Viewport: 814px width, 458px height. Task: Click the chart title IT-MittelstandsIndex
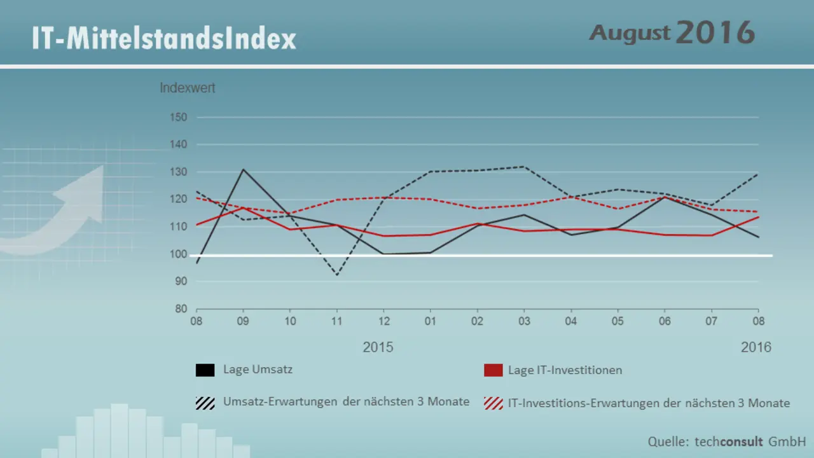164,39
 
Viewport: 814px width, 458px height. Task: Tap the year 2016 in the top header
715,32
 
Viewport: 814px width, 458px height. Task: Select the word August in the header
630,32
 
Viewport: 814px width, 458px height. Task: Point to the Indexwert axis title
188,88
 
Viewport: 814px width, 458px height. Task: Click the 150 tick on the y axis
178,118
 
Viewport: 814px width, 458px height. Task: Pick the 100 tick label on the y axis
178,254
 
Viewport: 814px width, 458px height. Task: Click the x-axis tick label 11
337,321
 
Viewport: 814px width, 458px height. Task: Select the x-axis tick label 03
523,321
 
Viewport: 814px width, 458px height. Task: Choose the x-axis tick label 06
664,321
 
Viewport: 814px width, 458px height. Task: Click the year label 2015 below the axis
378,347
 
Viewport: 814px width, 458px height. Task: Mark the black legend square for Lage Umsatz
205,370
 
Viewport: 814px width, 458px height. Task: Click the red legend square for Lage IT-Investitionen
493,370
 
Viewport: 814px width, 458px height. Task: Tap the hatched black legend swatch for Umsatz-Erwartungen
205,403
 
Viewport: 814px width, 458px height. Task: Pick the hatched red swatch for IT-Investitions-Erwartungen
493,403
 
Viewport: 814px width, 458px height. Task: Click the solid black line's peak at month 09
243,169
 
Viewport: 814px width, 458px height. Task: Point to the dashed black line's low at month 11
336,275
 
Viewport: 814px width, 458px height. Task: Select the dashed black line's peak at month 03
523,167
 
